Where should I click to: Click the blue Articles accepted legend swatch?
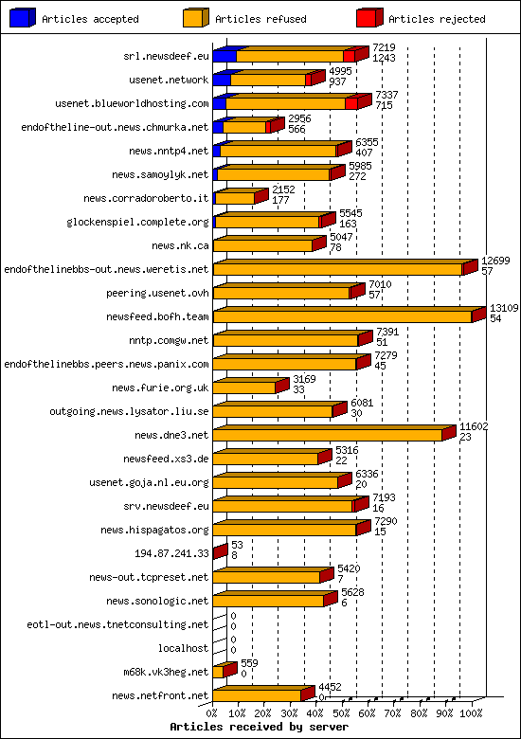coord(24,18)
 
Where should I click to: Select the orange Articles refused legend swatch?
coord(196,18)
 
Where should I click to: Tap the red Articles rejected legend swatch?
coord(369,18)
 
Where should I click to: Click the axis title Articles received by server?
coord(259,727)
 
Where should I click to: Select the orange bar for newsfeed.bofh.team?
coord(342,315)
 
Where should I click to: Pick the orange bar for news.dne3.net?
coord(328,434)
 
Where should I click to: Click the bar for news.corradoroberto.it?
coord(235,198)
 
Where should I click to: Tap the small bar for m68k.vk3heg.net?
coord(218,672)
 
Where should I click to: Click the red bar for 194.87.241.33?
coord(220,551)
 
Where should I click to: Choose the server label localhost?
coord(183,648)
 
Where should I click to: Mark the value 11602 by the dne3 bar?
coord(474,426)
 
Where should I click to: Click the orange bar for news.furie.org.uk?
coord(243,387)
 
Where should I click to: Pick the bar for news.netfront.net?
coord(257,694)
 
